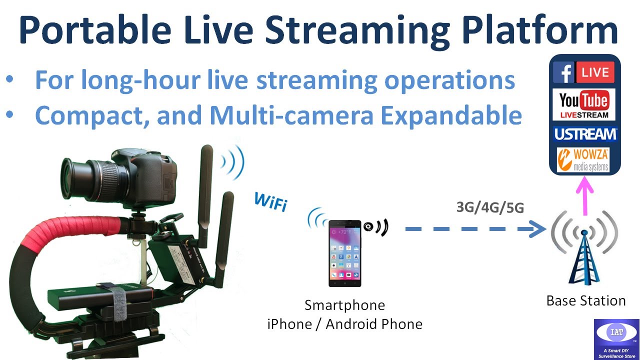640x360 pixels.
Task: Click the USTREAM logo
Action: pos(584,134)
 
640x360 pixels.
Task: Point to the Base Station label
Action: pos(586,301)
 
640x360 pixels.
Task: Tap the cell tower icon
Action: pos(584,250)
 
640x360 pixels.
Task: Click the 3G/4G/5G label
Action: pos(490,206)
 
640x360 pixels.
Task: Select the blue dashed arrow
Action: pos(475,229)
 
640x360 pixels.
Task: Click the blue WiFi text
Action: pos(270,201)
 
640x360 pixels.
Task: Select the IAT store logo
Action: pos(616,338)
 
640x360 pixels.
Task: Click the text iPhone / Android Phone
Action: pos(344,324)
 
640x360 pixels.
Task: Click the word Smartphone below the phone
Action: pos(344,305)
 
